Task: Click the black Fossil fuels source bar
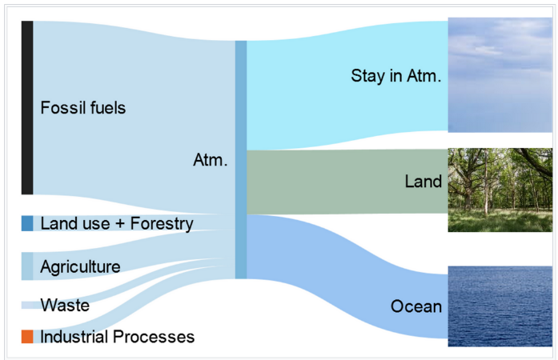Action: click(x=27, y=107)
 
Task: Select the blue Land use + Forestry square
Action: click(x=27, y=223)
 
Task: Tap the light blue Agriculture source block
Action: click(x=27, y=266)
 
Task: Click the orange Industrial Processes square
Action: click(x=27, y=337)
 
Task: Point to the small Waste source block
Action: click(x=27, y=306)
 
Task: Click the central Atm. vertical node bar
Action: click(x=241, y=159)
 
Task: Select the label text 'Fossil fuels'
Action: click(x=83, y=107)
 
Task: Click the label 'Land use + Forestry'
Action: click(x=117, y=224)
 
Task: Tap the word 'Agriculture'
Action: click(x=80, y=266)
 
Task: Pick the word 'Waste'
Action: click(x=65, y=306)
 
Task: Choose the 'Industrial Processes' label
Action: click(x=118, y=337)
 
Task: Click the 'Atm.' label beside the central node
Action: click(x=211, y=160)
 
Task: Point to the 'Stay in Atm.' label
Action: click(x=396, y=76)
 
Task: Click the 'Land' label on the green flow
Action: click(x=424, y=182)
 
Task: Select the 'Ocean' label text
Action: click(x=416, y=306)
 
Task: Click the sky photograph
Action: click(x=500, y=74)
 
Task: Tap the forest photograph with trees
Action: click(x=500, y=190)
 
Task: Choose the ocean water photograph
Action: click(x=500, y=306)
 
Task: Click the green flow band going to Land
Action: click(x=347, y=182)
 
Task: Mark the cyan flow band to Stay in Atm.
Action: click(x=347, y=86)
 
